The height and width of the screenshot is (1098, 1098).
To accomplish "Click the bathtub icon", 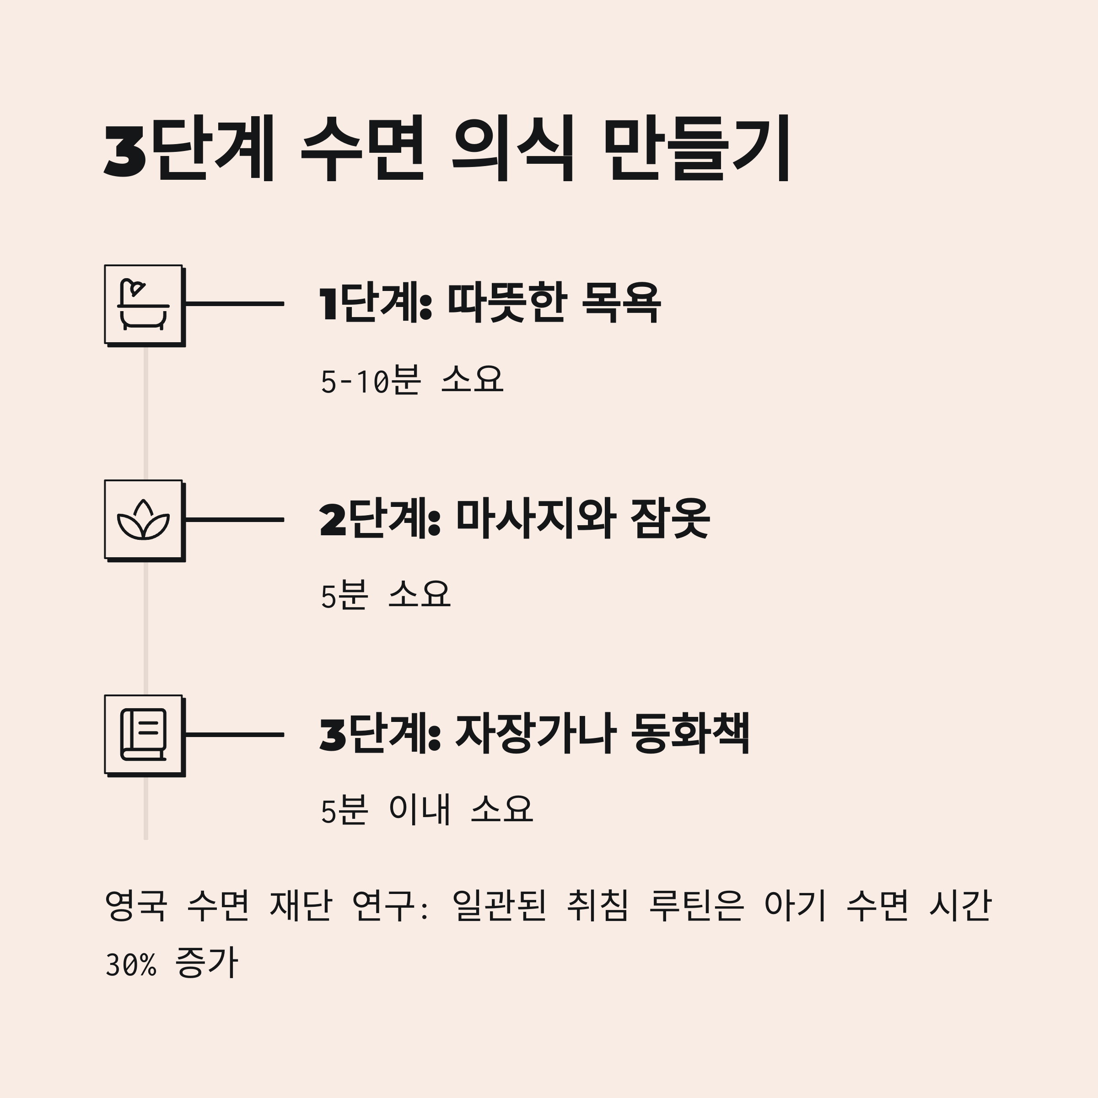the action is (143, 304).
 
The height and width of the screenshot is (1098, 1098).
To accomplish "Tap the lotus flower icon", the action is (143, 519).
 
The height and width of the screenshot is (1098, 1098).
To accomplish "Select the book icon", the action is (143, 734).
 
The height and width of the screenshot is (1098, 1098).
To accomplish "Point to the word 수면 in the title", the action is (362, 149).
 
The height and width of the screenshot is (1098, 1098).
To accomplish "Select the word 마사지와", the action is (535, 518).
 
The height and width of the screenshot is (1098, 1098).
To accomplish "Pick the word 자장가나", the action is (535, 734).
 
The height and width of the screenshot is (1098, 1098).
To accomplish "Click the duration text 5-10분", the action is (371, 380).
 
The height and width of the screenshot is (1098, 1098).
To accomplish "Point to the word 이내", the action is (420, 810).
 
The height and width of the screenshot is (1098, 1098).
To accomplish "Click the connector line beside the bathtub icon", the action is (234, 304).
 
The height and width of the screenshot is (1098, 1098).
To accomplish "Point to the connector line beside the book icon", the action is (234, 735).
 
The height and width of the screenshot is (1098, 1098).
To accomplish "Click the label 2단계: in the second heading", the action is (380, 519).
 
